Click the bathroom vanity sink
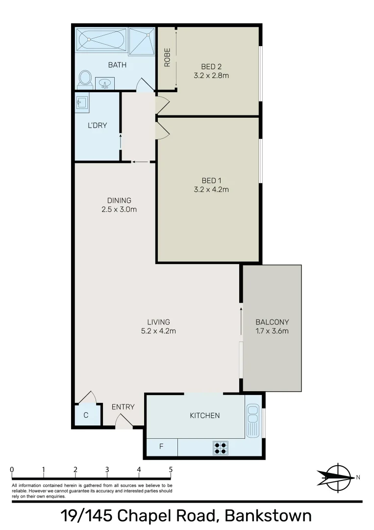pos(104,83)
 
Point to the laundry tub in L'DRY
pos(82,103)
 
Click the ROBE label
pos(167,57)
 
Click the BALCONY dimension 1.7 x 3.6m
pos(272,331)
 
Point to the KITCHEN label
pos(205,416)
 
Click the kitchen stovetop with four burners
pos(220,447)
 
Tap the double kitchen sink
pos(253,420)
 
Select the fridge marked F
pos(161,447)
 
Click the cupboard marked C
pos(86,415)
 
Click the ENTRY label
pos(123,407)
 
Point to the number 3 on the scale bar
pos(107,470)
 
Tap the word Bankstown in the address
pos(269,516)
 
